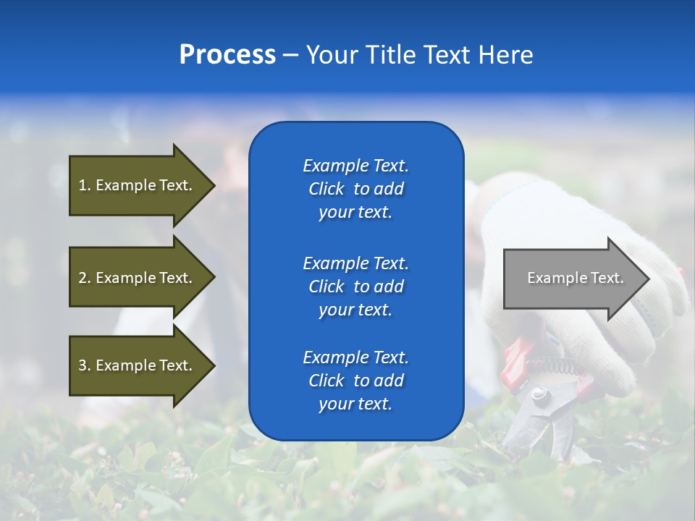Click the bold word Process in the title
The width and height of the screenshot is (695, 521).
pos(227,55)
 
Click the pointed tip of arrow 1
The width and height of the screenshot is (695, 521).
pos(214,185)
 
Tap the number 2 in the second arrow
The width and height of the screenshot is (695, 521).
pos(83,278)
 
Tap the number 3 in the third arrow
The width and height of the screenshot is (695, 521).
pos(83,365)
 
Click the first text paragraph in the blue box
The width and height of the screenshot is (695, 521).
pos(355,189)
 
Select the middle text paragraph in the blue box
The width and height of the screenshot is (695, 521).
pos(355,287)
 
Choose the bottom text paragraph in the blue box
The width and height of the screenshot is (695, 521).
pos(355,381)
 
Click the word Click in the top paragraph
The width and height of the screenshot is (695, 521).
pos(327,189)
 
